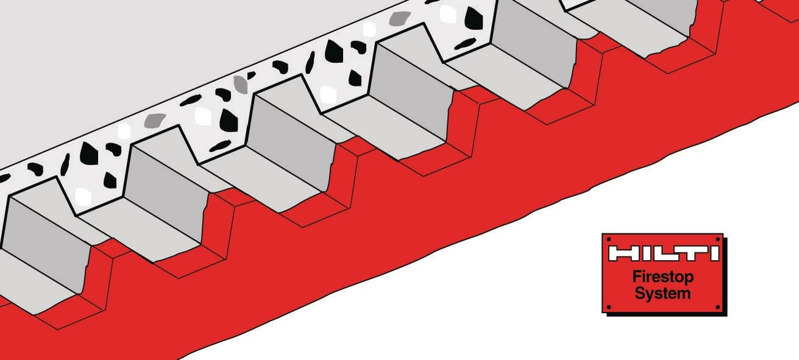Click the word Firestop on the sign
(663, 277)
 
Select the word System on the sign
(662, 294)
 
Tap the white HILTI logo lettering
(664, 253)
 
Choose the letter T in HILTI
(689, 253)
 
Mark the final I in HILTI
(714, 253)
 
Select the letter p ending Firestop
(689, 279)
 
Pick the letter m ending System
(683, 295)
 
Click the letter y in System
(650, 296)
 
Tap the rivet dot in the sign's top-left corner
(609, 239)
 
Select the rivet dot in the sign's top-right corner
(718, 239)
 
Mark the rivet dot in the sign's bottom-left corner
(608, 307)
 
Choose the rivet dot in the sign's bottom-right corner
(718, 307)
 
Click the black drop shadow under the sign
(667, 314)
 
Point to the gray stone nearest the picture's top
(400, 18)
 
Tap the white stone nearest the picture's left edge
(83, 196)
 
